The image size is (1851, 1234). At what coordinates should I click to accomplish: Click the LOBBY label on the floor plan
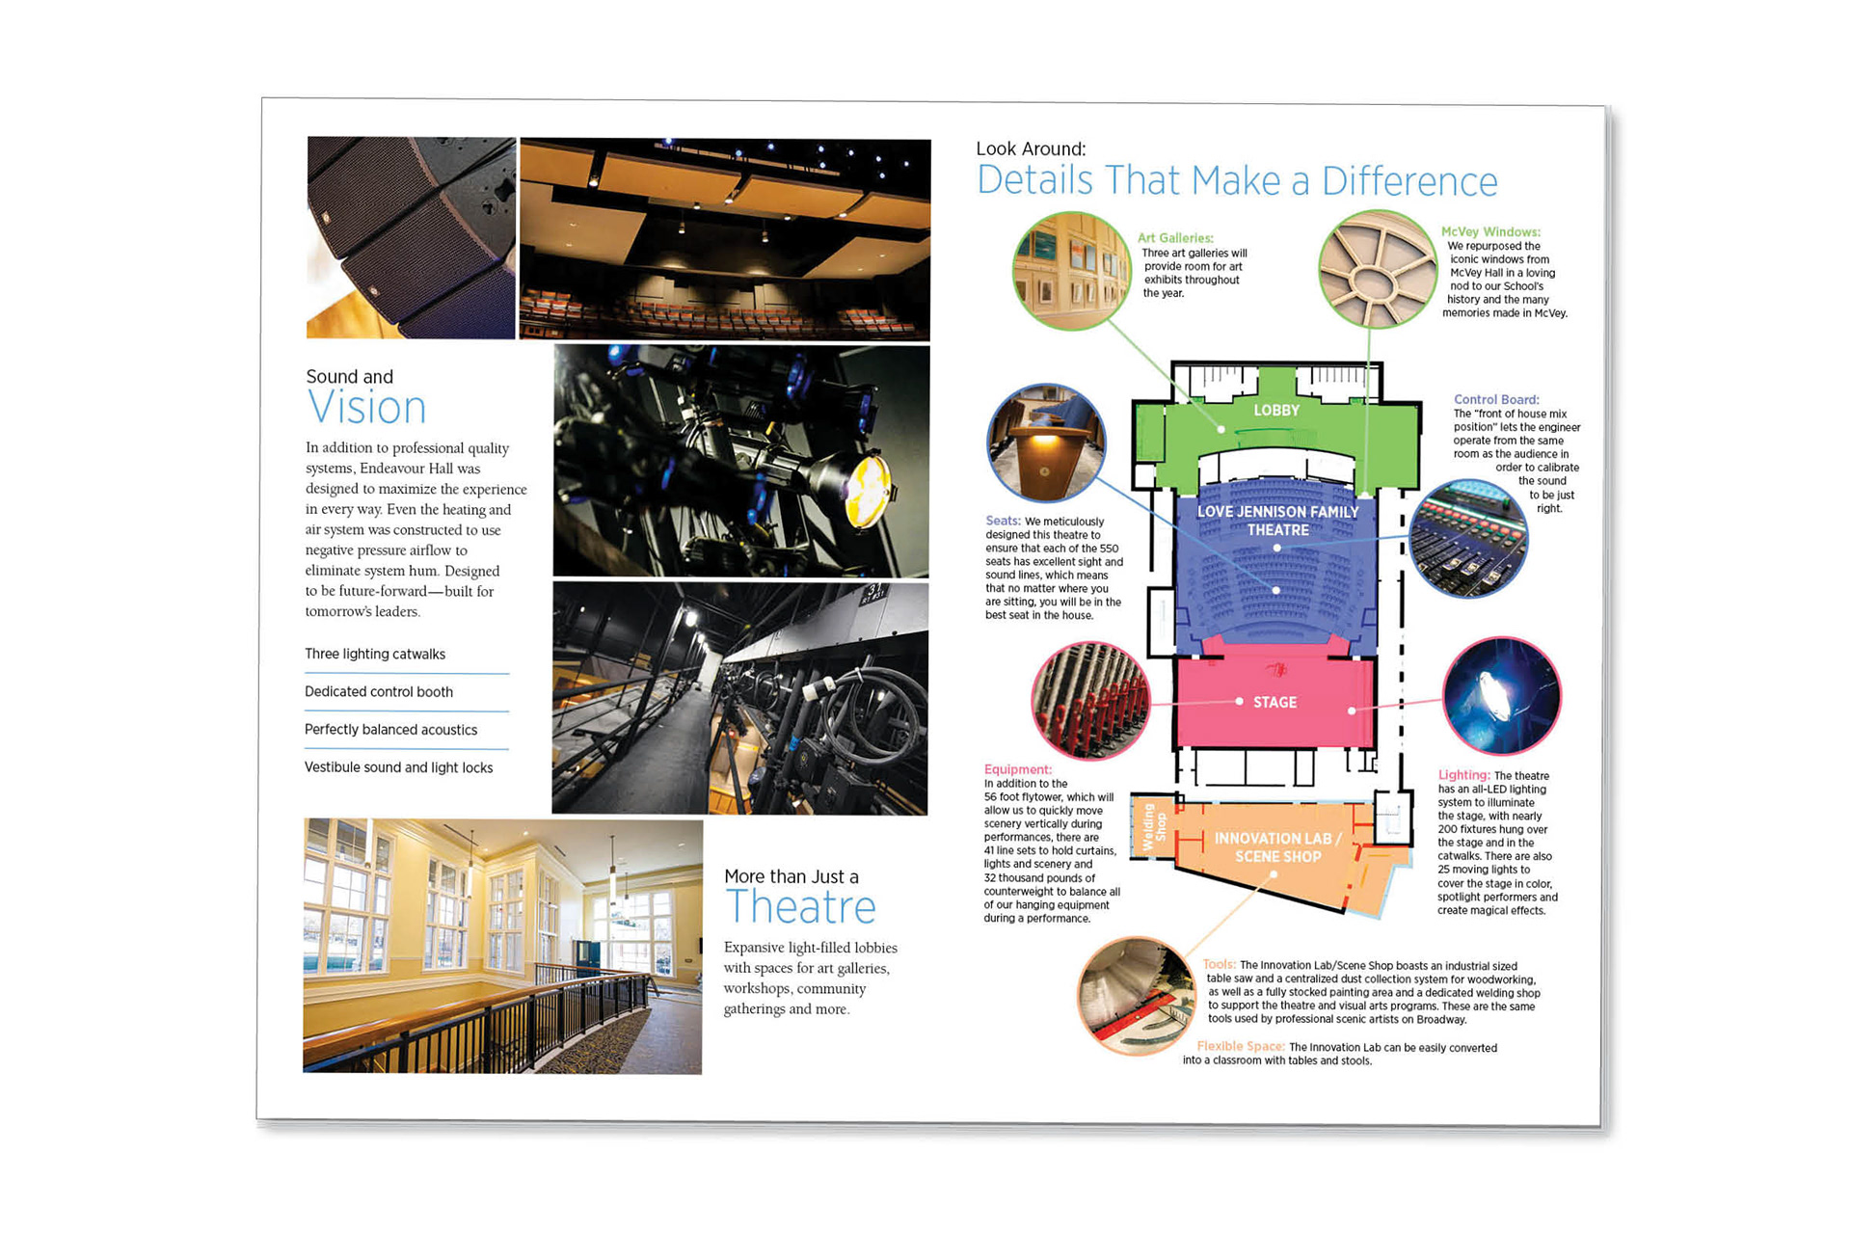1276,411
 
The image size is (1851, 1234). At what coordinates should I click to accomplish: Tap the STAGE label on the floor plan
1274,703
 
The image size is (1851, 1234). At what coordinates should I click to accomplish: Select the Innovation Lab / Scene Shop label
1277,847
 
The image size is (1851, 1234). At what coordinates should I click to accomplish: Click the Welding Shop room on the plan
1154,826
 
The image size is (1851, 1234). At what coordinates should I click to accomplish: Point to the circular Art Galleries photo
1071,271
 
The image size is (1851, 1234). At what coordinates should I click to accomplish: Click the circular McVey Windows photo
1378,270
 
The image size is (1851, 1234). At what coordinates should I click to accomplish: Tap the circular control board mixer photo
1468,539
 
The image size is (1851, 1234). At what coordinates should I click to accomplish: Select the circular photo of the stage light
1501,695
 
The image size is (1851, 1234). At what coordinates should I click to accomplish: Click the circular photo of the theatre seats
1046,443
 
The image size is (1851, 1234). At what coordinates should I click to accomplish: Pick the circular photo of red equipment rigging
1090,701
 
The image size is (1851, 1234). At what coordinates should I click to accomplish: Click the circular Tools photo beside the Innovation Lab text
1136,995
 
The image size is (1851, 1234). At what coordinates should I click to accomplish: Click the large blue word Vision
366,408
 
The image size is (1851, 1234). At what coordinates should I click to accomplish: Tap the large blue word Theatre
800,907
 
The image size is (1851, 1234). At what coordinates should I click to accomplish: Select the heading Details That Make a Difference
1237,181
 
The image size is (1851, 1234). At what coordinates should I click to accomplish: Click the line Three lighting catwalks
375,655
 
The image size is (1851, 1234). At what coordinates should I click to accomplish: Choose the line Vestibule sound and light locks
398,768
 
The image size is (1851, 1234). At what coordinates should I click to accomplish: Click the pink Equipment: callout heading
1017,769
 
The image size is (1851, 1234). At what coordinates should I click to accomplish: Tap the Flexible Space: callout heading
1240,1046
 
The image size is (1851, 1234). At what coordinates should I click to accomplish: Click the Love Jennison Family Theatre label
1277,521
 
